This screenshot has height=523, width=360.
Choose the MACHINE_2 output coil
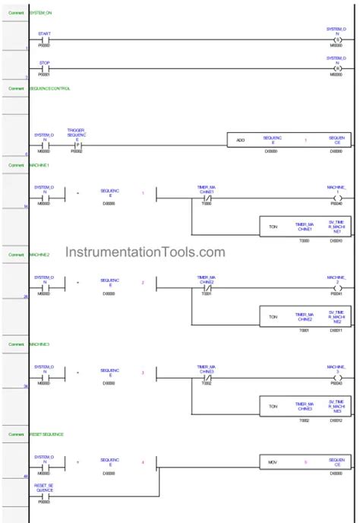coord(338,288)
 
